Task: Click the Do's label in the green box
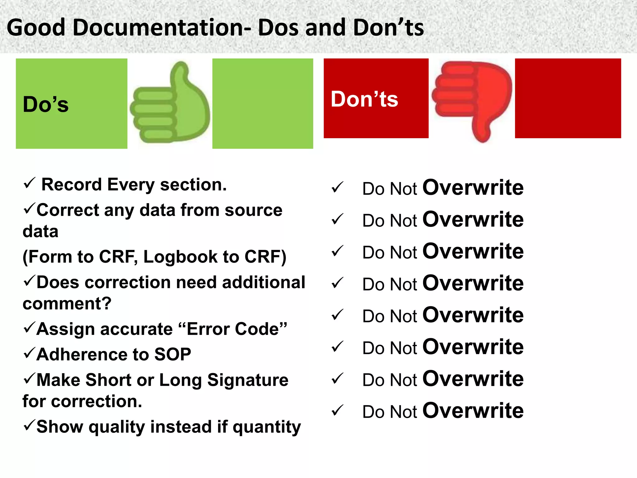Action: point(46,104)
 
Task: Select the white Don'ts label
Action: point(364,99)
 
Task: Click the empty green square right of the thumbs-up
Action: point(263,103)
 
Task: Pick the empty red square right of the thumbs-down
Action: point(568,98)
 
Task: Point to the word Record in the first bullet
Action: point(72,185)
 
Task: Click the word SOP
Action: point(173,354)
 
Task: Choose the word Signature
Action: point(248,380)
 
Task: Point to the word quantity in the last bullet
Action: point(267,427)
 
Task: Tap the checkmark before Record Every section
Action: point(29,183)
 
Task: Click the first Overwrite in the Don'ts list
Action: point(473,188)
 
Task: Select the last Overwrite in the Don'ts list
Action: point(473,411)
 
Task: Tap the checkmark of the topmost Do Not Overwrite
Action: point(337,187)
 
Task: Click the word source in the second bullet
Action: point(253,210)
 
